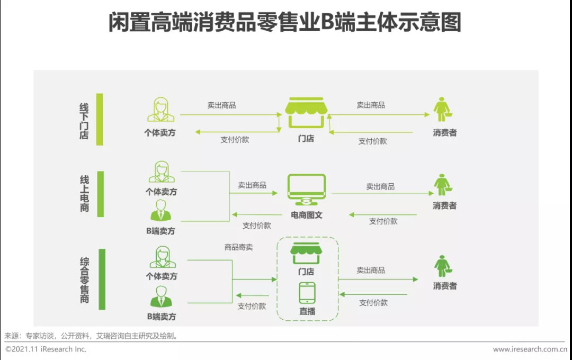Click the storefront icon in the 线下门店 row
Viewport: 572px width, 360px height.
[x=306, y=113]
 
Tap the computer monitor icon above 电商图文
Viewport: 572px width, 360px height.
[x=307, y=190]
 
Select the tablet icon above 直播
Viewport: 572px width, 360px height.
[x=307, y=293]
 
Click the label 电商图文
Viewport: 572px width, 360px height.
[x=307, y=215]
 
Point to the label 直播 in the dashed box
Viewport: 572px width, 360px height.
[x=307, y=311]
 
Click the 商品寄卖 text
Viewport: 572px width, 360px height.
[x=238, y=247]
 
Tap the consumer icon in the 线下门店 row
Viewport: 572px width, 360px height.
[x=443, y=110]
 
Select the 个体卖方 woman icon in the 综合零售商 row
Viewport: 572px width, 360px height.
[x=163, y=257]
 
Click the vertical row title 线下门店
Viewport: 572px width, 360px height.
[x=84, y=121]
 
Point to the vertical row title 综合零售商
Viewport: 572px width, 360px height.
[x=84, y=280]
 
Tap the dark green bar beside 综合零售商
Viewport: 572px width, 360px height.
[x=102, y=280]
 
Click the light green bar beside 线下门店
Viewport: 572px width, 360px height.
[x=100, y=119]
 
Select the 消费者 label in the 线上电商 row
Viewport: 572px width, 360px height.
[x=445, y=206]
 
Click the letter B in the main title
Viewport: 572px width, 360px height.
[x=328, y=22]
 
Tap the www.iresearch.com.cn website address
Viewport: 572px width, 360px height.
[x=530, y=349]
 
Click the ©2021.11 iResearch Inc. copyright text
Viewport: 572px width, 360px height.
[x=46, y=349]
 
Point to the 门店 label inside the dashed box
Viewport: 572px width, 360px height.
[x=306, y=272]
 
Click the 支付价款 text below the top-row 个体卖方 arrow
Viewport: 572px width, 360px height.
[x=235, y=140]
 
